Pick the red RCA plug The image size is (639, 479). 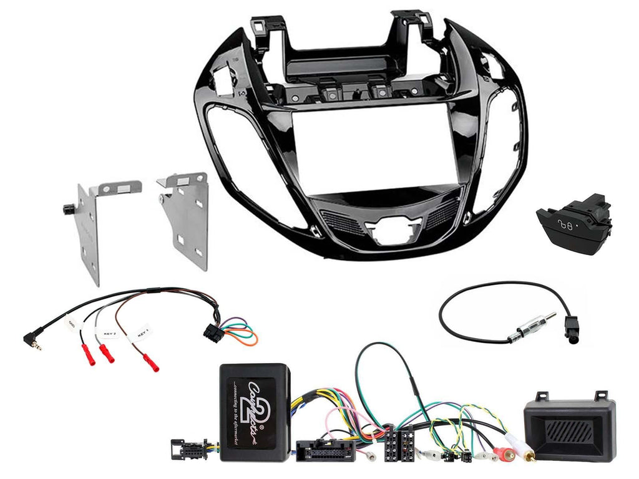[x=502, y=449]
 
